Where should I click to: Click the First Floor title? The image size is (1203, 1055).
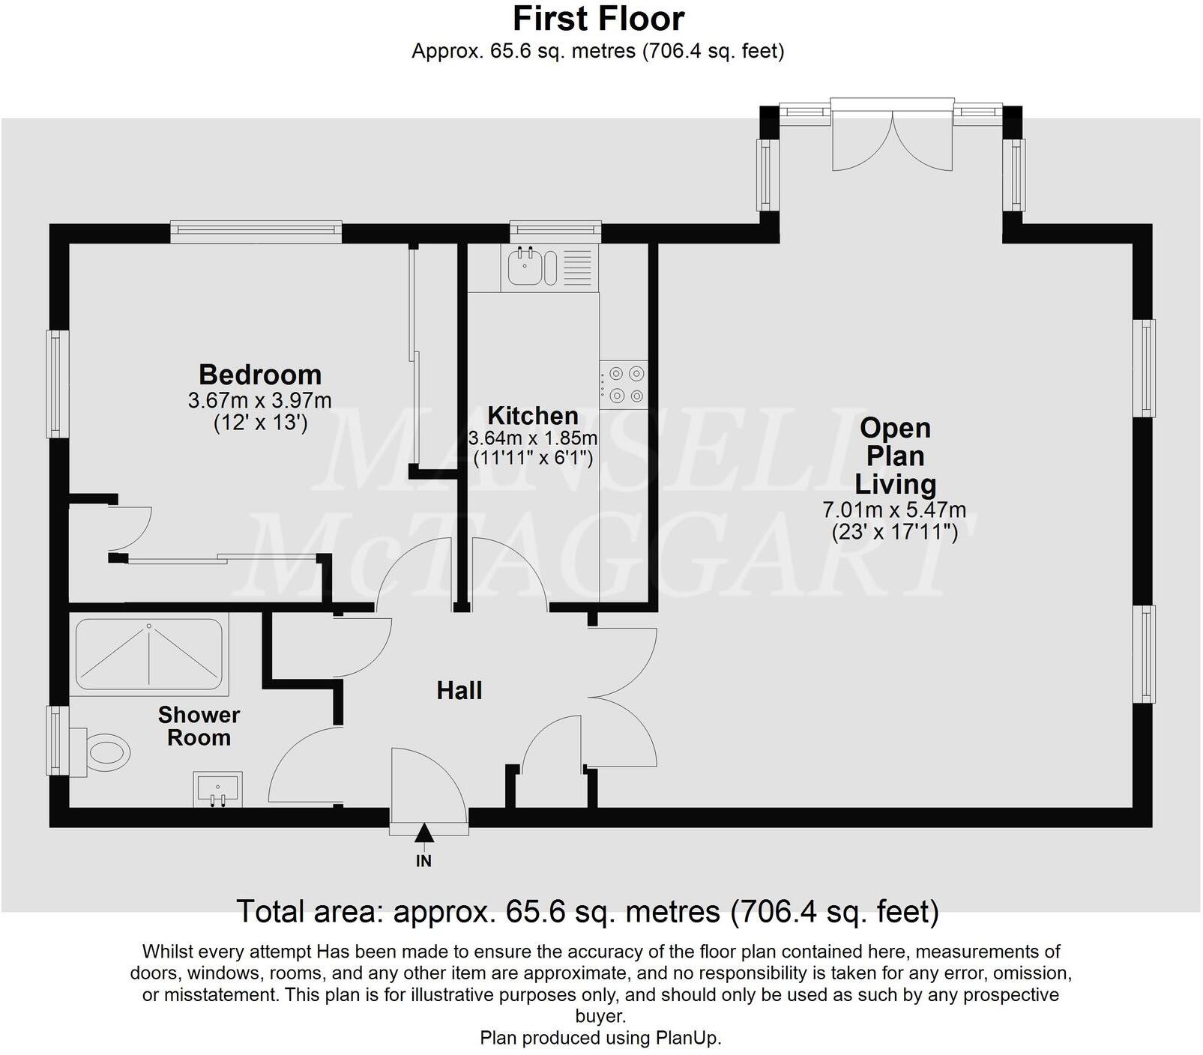[x=598, y=19]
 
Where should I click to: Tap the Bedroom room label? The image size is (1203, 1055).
[x=260, y=374]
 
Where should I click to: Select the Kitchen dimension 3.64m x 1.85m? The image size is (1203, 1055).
[x=533, y=438]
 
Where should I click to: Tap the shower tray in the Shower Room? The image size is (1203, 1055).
[x=149, y=653]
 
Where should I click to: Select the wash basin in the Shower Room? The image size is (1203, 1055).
[x=218, y=790]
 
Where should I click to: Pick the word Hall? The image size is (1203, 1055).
[x=459, y=690]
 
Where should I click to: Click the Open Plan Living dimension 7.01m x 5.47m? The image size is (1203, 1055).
[x=894, y=510]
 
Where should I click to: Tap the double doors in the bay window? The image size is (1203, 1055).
[x=893, y=142]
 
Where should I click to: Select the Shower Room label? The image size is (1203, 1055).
[x=199, y=726]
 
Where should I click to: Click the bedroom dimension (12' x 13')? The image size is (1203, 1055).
[x=260, y=423]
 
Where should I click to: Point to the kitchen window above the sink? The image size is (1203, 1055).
[x=555, y=231]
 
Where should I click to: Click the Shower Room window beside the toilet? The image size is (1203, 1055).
[x=57, y=740]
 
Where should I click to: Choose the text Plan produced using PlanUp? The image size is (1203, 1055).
[x=600, y=1038]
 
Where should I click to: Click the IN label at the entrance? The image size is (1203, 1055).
[x=424, y=861]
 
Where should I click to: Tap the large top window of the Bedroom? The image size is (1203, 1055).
[x=256, y=232]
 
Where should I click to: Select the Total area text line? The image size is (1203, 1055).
[x=588, y=912]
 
